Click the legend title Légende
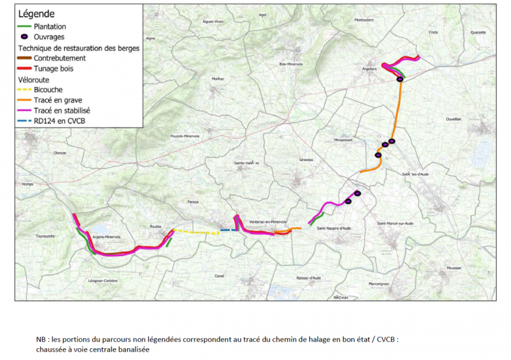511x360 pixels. pos(37,14)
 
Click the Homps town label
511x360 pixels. pos(27,184)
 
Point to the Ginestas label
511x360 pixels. pos(306,159)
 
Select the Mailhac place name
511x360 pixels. pos(218,79)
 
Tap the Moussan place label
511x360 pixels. pos(453,268)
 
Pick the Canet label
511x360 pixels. pos(219,275)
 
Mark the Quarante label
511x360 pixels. pos(478,32)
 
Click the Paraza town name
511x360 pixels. pos(193,202)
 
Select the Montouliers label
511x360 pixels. pos(364,20)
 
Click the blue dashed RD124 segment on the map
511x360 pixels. pos(229,230)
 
